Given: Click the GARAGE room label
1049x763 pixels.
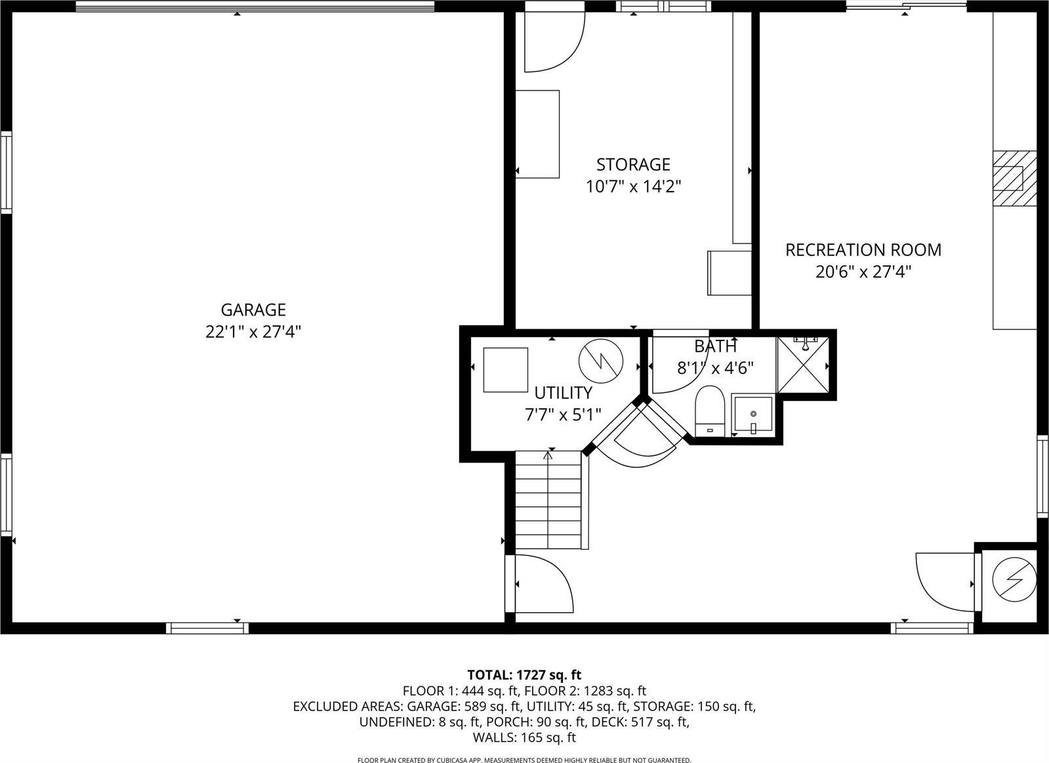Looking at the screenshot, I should pyautogui.click(x=253, y=310).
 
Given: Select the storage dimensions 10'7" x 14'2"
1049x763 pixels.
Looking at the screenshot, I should pyautogui.click(x=633, y=187).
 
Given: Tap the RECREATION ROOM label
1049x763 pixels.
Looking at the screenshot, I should pyautogui.click(x=863, y=250).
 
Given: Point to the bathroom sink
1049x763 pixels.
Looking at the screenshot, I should pyautogui.click(x=753, y=415).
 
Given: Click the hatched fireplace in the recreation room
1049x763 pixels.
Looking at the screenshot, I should pyautogui.click(x=1014, y=179).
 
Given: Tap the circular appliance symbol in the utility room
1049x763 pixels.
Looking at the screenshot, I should pyautogui.click(x=600, y=360).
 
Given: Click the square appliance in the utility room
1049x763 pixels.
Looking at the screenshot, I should pyautogui.click(x=505, y=370).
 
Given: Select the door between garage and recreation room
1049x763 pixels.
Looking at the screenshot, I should pyautogui.click(x=541, y=583).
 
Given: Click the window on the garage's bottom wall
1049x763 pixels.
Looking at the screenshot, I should pyautogui.click(x=207, y=628).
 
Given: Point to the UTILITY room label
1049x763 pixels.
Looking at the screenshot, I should pyautogui.click(x=563, y=393).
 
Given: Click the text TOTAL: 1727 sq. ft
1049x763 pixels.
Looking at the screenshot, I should pyautogui.click(x=524, y=674).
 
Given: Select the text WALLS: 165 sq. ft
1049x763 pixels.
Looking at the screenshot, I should pyautogui.click(x=524, y=737).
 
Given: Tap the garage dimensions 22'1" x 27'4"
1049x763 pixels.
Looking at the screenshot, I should pyautogui.click(x=253, y=332).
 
